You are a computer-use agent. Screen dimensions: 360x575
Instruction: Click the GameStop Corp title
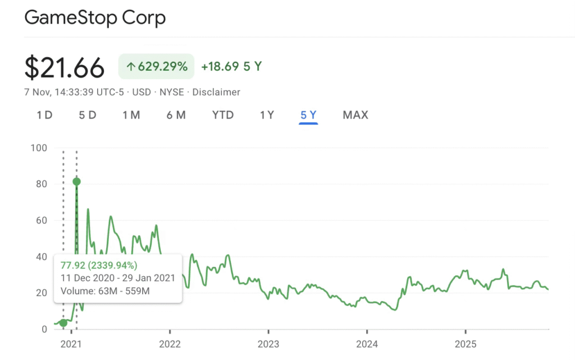(x=95, y=18)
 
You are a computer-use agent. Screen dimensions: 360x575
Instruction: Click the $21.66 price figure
(x=65, y=68)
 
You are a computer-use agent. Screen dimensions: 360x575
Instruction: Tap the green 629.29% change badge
(x=156, y=66)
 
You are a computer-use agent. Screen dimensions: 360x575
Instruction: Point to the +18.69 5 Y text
(x=231, y=66)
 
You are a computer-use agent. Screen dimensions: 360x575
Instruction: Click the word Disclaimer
(x=216, y=92)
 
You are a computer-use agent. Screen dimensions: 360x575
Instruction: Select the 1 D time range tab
(x=44, y=115)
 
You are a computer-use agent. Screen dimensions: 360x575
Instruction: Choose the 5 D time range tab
(x=88, y=115)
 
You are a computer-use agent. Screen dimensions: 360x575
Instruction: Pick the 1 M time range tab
(x=131, y=115)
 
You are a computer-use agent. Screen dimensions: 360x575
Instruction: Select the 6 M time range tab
(x=176, y=115)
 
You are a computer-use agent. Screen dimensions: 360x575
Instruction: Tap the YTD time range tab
(x=223, y=115)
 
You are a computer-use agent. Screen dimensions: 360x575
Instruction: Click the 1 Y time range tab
(x=267, y=115)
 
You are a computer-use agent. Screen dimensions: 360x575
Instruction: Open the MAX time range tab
(x=355, y=115)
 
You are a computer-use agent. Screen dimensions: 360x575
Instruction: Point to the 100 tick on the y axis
(x=39, y=148)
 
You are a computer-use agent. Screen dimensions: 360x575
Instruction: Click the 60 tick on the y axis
(x=42, y=221)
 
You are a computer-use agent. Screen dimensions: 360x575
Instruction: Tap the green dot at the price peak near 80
(x=76, y=181)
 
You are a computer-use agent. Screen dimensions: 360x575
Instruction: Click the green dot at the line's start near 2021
(x=63, y=323)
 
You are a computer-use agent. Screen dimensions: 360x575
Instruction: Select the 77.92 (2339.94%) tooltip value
(x=99, y=266)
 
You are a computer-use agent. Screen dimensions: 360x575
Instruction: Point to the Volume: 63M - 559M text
(x=105, y=291)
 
